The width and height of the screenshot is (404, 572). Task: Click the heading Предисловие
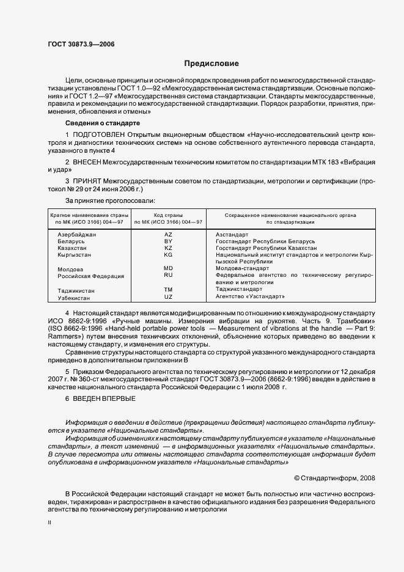click(x=211, y=64)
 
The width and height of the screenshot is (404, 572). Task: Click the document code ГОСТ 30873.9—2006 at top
click(x=81, y=44)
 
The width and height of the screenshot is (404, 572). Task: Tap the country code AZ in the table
click(x=169, y=235)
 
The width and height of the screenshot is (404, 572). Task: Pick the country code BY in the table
click(x=169, y=241)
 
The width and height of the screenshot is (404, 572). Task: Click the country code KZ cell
click(x=169, y=248)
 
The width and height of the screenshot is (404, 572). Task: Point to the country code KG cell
click(x=169, y=255)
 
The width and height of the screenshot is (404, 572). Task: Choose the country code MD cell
click(x=169, y=268)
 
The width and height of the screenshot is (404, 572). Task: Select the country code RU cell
click(x=169, y=276)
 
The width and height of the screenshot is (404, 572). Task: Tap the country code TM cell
click(x=169, y=289)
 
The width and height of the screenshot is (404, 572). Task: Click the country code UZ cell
click(x=169, y=296)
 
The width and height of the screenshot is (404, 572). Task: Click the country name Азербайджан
click(x=75, y=235)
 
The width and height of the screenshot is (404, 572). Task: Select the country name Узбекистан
click(x=74, y=297)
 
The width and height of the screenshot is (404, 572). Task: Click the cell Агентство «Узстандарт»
click(x=251, y=296)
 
